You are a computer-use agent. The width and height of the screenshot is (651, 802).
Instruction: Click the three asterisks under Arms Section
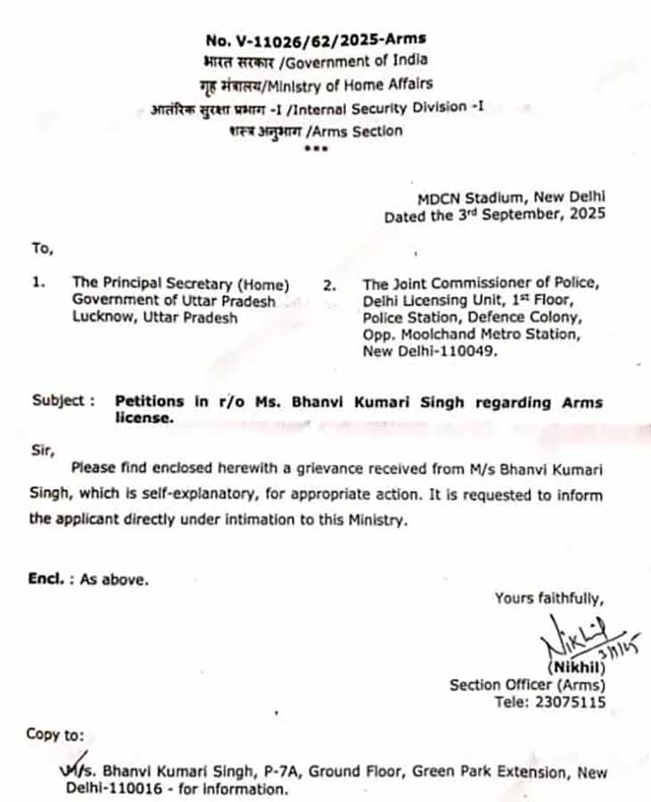[x=316, y=148]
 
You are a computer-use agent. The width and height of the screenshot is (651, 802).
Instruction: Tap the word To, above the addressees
[x=42, y=247]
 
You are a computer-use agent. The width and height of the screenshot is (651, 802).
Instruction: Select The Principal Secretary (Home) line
[x=181, y=285]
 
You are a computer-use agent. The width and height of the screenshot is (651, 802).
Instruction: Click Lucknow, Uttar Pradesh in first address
[x=155, y=317]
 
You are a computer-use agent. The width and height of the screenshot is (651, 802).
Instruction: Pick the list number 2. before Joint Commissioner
[x=329, y=285]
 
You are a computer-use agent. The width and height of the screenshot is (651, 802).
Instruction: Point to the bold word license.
[x=142, y=418]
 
